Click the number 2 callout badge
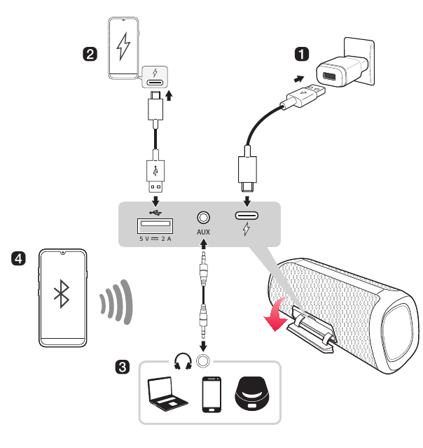(90, 54)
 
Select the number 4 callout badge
(20, 259)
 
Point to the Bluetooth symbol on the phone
(63, 296)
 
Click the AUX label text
(204, 232)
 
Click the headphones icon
(183, 362)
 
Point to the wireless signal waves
(116, 302)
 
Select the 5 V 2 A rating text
(155, 240)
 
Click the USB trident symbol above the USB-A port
(155, 208)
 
